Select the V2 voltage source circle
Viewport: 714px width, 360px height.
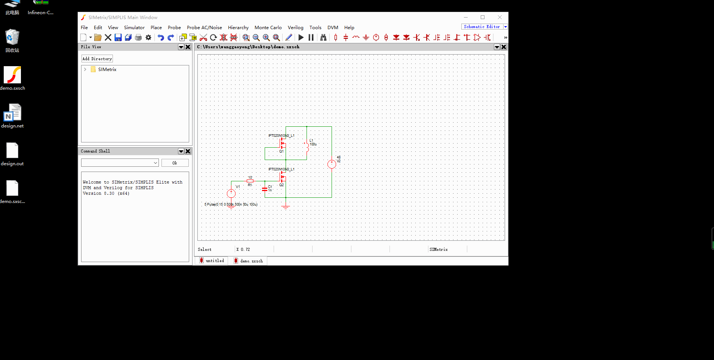pyautogui.click(x=332, y=164)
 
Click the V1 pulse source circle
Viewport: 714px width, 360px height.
pyautogui.click(x=231, y=193)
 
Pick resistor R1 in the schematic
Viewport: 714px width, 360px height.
pyautogui.click(x=250, y=181)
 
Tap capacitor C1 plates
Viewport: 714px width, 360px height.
pyautogui.click(x=265, y=189)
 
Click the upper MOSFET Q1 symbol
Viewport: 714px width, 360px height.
pyautogui.click(x=283, y=144)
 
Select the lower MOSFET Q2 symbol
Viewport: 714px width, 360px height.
pyautogui.click(x=283, y=177)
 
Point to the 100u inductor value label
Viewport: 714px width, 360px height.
pyautogui.click(x=313, y=144)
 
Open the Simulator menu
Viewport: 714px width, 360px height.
pyautogui.click(x=134, y=28)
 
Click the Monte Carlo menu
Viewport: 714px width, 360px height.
pyautogui.click(x=268, y=28)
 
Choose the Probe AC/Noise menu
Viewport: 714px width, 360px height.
pyautogui.click(x=204, y=28)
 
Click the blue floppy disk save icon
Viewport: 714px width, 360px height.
pyautogui.click(x=118, y=37)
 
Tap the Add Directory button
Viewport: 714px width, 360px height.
pyautogui.click(x=97, y=59)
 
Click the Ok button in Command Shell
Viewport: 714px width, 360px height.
pyautogui.click(x=175, y=163)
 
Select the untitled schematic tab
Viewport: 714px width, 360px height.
pyautogui.click(x=212, y=261)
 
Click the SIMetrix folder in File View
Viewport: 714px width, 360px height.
pyautogui.click(x=107, y=70)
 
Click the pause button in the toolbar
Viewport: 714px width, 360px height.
pyautogui.click(x=311, y=37)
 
